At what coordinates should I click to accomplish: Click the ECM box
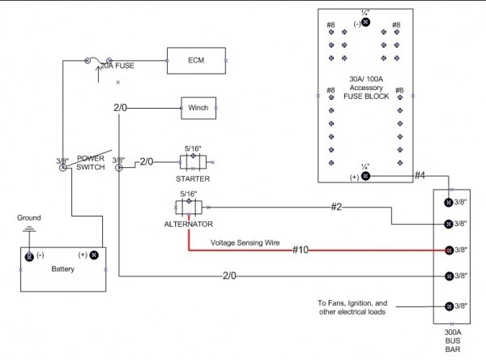pyautogui.click(x=195, y=60)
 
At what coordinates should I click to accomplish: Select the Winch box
pyautogui.click(x=198, y=108)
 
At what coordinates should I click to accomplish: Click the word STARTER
pyautogui.click(x=193, y=178)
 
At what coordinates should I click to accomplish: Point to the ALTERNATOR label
pyautogui.click(x=190, y=223)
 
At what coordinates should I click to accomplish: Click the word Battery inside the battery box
pyautogui.click(x=63, y=268)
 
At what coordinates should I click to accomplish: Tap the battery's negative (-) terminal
pyautogui.click(x=29, y=255)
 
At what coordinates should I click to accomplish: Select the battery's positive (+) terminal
pyautogui.click(x=94, y=255)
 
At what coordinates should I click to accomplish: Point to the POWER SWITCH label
pyautogui.click(x=92, y=162)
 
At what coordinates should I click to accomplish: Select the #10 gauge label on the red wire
pyautogui.click(x=302, y=250)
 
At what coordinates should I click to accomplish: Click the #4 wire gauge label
pyautogui.click(x=420, y=174)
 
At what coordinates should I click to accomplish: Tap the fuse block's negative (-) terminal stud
pyautogui.click(x=365, y=23)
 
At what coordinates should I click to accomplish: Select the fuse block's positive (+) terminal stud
pyautogui.click(x=365, y=176)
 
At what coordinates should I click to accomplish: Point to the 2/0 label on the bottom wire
pyautogui.click(x=229, y=276)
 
